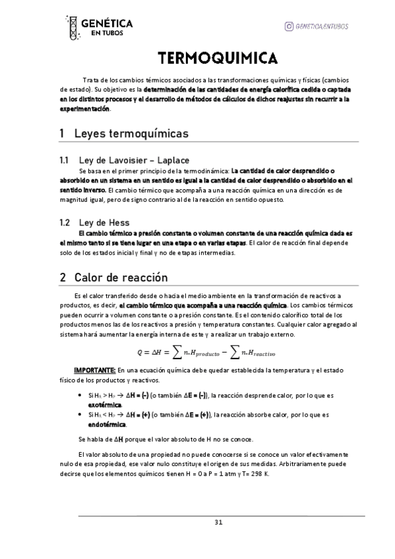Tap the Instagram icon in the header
[x=289, y=26]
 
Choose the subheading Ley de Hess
[x=104, y=223]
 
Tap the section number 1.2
[x=65, y=223]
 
